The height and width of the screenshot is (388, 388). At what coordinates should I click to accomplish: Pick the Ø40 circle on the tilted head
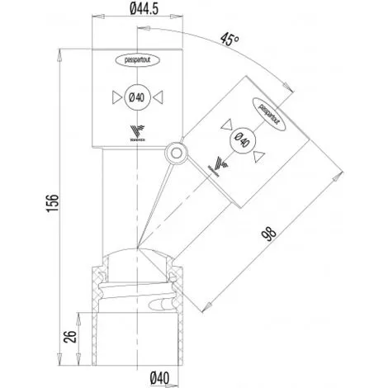(x=243, y=140)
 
